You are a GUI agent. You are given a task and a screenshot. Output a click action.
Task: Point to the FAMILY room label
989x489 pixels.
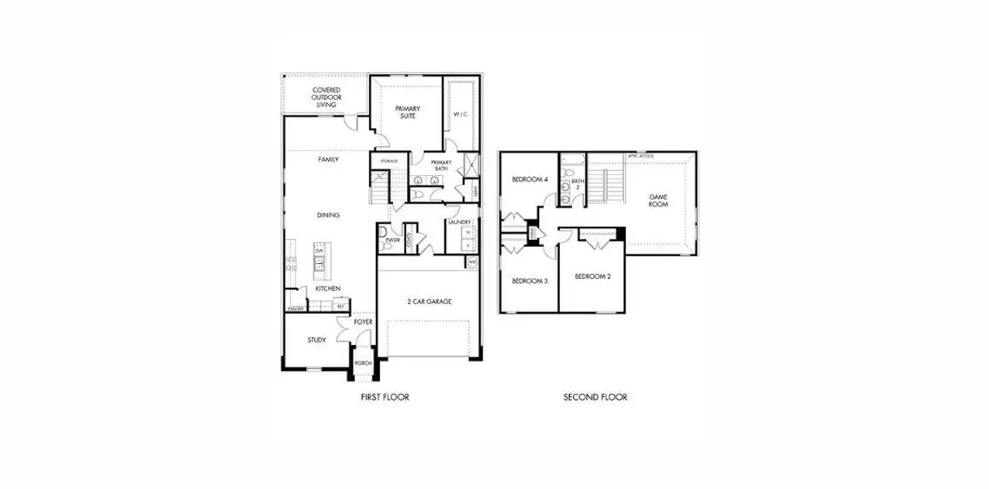coord(328,160)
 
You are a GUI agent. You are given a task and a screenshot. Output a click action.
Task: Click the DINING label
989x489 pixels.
coord(328,215)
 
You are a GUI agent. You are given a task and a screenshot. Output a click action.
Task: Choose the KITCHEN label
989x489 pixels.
coord(328,289)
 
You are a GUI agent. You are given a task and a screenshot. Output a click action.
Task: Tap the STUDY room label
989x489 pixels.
coord(317,340)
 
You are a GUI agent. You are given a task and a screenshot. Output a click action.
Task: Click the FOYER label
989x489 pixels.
coord(362,323)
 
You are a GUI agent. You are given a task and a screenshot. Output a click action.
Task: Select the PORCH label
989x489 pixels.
coord(363,363)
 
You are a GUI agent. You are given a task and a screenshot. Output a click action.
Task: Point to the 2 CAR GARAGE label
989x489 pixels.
coord(429,302)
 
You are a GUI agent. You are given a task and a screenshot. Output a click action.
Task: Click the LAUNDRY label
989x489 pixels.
coord(458,222)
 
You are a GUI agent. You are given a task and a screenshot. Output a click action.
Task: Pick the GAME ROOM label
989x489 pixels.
coord(658,200)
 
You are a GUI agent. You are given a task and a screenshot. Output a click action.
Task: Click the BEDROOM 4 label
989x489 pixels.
coord(529,179)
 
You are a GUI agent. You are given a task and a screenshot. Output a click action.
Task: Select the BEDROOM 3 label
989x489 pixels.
coord(529,281)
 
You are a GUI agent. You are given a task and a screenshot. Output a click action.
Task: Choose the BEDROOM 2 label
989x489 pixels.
coord(593,277)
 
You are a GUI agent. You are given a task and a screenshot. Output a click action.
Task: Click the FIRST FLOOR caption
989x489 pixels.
coord(384,398)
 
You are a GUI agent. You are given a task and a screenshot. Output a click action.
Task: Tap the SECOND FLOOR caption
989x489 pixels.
coord(595,398)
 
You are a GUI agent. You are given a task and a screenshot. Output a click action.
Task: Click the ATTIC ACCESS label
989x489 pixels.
coord(641,156)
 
